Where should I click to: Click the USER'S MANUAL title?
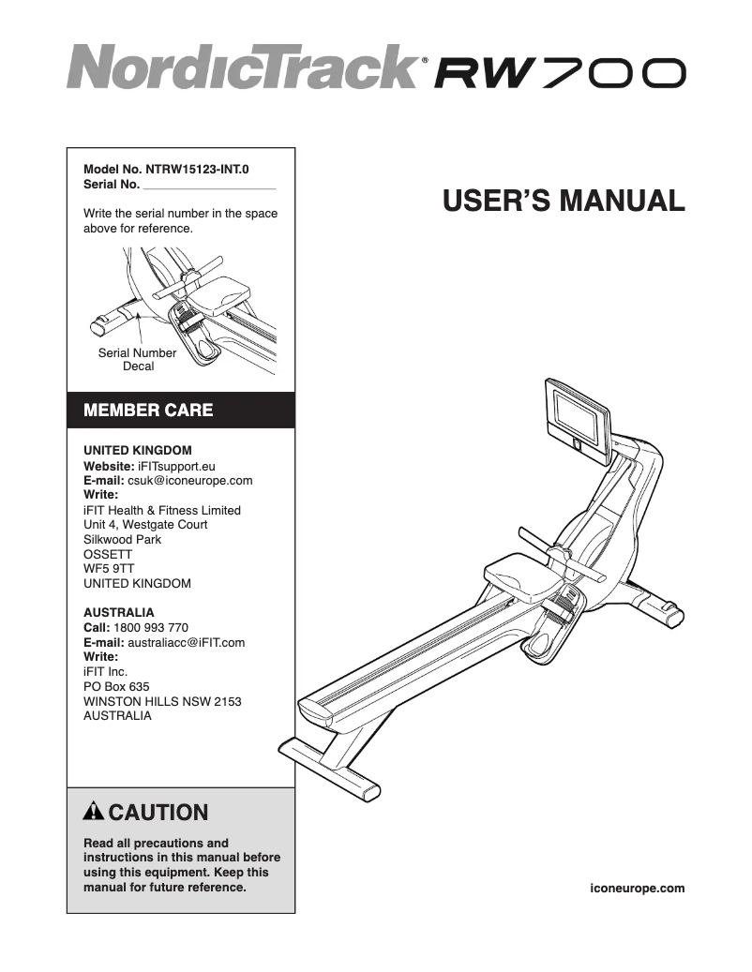coord(563,201)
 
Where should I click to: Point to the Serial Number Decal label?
coord(137,360)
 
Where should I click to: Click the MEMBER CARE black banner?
coord(180,410)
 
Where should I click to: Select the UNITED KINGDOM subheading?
coord(137,450)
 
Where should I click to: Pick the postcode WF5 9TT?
coord(108,568)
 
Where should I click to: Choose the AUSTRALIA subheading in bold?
coord(118,612)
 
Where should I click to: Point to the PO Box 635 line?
coord(116,686)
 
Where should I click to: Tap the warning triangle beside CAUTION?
coord(94,812)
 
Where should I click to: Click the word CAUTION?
coord(159,812)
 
